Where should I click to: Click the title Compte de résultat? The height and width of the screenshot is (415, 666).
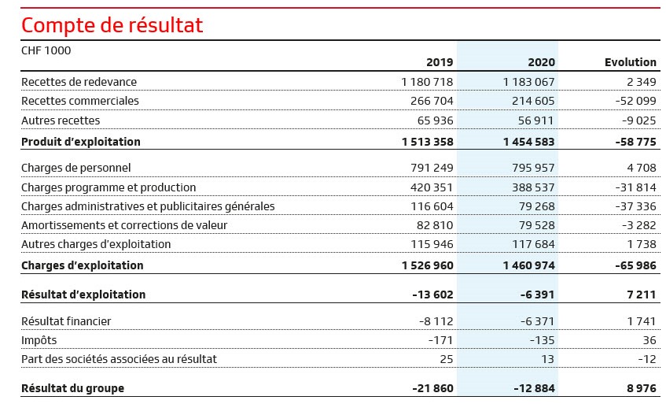(112, 25)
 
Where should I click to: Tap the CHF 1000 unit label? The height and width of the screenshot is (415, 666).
(46, 50)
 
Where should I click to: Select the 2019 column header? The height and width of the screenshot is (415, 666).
(440, 62)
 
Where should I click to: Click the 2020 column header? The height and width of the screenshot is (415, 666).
(542, 62)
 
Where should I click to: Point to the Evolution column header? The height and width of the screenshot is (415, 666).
(631, 62)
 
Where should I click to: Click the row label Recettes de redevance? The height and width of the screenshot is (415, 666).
(79, 82)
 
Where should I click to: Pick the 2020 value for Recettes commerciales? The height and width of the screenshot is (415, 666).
(533, 102)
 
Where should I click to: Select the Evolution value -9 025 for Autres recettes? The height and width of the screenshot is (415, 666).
(638, 120)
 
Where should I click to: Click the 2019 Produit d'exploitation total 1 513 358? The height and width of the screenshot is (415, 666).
(427, 142)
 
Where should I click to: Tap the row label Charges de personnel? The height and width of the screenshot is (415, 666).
(76, 168)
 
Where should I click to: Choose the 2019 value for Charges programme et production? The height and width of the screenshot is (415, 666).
(432, 187)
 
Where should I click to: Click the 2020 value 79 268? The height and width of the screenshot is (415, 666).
(536, 206)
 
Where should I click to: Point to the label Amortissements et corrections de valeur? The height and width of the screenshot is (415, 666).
(124, 225)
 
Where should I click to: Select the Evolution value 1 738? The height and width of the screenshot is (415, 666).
(642, 244)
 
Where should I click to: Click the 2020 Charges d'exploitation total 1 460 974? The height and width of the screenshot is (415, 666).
(529, 265)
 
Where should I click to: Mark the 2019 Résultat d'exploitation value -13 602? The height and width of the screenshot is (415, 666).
(432, 295)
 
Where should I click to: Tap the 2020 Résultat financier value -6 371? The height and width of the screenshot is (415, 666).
(537, 321)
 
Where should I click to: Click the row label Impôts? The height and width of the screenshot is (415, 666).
(39, 340)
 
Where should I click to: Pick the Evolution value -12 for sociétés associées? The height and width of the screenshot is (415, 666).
(647, 359)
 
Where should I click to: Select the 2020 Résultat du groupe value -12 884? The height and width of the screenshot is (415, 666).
(534, 389)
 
